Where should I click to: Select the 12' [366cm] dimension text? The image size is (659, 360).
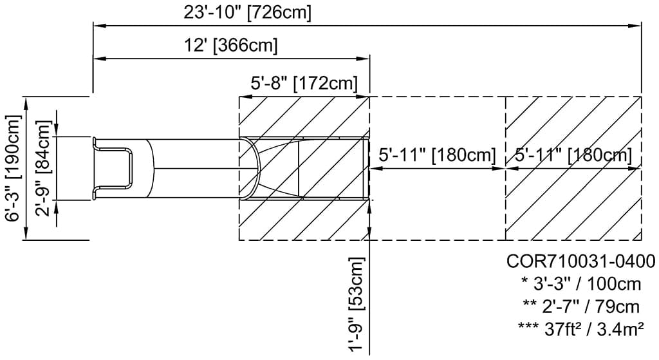tap(230, 45)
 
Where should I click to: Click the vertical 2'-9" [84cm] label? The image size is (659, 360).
tap(43, 169)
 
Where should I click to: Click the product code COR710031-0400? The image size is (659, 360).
tap(580, 261)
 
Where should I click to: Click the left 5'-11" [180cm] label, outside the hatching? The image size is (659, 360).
tap(437, 155)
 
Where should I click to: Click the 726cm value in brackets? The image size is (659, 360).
tap(283, 12)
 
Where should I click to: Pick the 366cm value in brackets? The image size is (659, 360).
tap(247, 45)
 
